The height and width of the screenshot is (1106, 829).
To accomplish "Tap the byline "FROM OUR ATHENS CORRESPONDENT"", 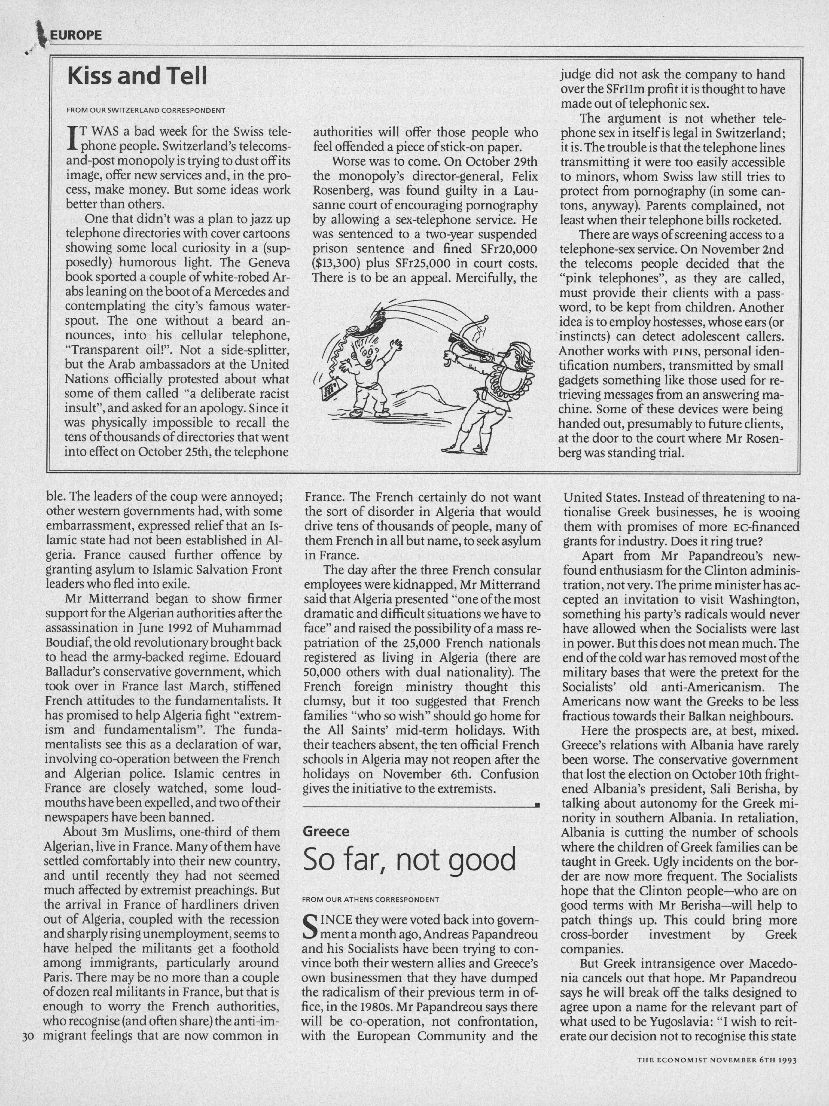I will [370, 899].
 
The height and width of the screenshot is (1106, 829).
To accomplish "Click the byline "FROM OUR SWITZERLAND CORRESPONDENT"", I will [146, 111].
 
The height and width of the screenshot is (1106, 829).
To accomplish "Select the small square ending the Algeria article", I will [537, 805].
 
